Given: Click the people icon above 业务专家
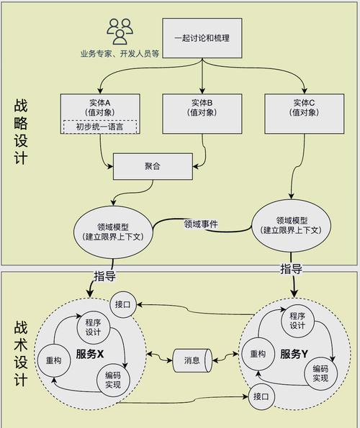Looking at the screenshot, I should [x=120, y=30].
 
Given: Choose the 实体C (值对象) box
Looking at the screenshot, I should [x=298, y=114].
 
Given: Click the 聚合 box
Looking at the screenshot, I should [x=152, y=167].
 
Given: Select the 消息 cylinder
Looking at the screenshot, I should [x=192, y=360].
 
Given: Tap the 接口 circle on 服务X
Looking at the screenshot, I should [x=122, y=305].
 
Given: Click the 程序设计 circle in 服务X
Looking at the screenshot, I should [x=92, y=327].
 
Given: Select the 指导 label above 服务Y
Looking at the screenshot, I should [x=291, y=269].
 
